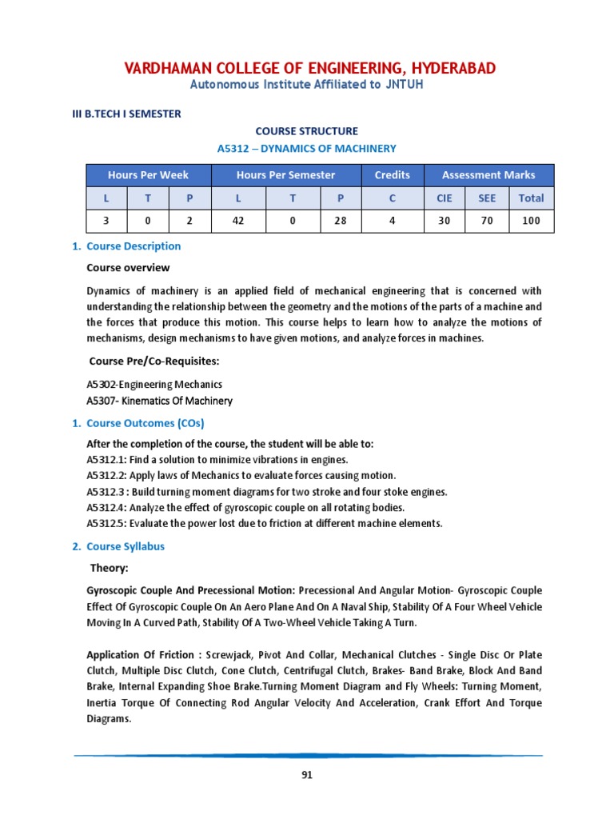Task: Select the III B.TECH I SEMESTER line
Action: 126,114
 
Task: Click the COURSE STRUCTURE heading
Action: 307,130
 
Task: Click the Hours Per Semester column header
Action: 285,174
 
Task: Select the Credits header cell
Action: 392,174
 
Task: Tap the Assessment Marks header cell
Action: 488,174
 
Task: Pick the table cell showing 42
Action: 237,221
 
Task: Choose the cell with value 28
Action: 341,221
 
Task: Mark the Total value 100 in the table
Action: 531,221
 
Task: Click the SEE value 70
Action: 487,221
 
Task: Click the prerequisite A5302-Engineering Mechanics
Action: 154,385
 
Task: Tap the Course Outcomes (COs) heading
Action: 145,423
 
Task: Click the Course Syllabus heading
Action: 126,547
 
